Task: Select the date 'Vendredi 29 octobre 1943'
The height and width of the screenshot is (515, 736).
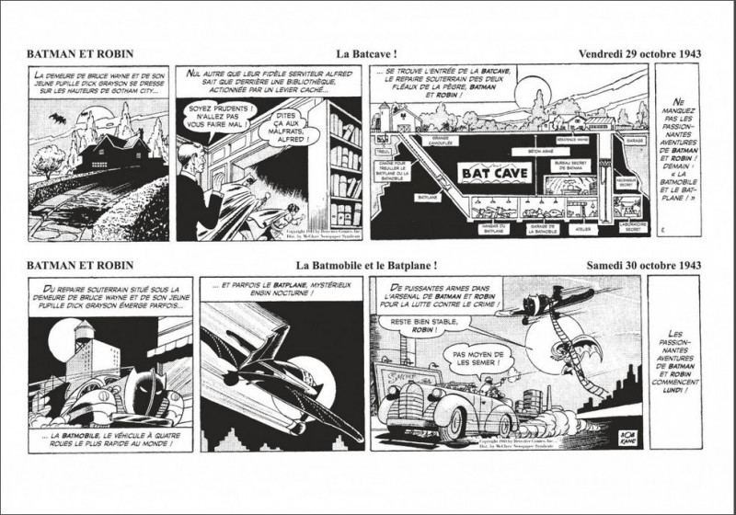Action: [x=640, y=53]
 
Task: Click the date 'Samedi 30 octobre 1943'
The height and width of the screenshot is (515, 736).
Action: [x=644, y=266]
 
